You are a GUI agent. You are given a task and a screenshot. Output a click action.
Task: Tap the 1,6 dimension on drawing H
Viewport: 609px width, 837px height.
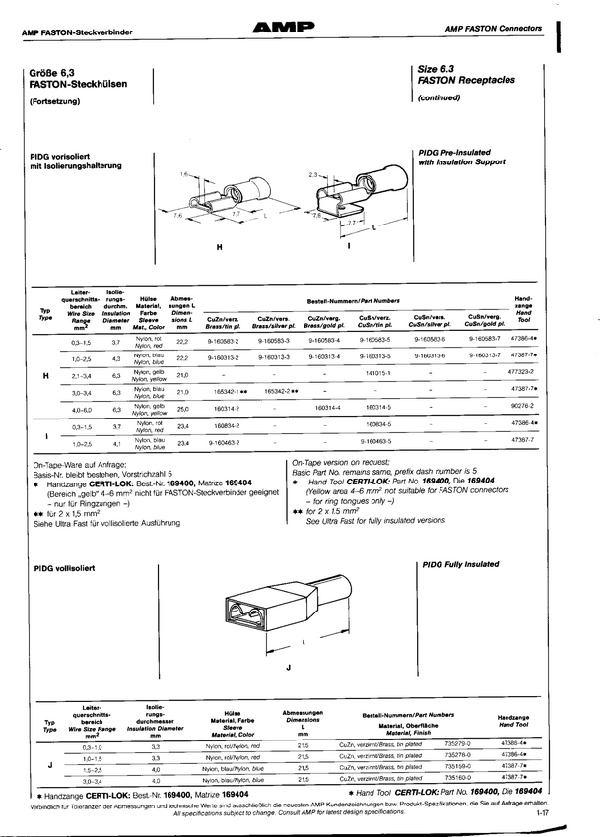pos(185,174)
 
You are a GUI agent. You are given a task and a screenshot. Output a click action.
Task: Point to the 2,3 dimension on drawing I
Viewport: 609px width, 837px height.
pos(313,174)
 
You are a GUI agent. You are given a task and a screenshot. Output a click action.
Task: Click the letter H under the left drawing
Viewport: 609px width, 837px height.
pos(218,247)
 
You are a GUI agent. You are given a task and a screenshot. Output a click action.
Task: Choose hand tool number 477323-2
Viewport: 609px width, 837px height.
pos(521,374)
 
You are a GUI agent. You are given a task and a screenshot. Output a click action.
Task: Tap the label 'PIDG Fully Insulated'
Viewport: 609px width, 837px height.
pos(460,565)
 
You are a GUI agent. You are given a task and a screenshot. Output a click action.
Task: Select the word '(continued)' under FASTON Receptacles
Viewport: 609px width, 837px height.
pos(440,98)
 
